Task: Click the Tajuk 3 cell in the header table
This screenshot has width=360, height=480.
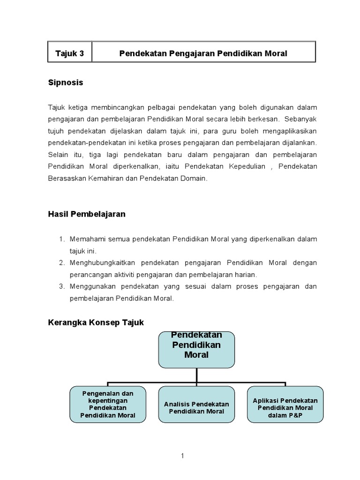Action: [x=69, y=53]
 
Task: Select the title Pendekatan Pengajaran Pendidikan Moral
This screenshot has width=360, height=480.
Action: [x=203, y=53]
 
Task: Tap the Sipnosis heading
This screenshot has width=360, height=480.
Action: [x=66, y=83]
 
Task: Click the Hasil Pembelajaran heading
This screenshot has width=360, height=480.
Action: [x=87, y=214]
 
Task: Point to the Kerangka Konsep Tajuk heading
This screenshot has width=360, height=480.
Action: [x=96, y=322]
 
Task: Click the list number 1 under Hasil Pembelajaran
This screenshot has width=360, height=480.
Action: [x=61, y=239]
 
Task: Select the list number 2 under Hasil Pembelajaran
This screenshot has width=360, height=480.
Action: [x=61, y=262]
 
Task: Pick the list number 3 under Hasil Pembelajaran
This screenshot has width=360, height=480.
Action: [x=61, y=286]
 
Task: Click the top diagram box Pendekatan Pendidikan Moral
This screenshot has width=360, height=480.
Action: [x=196, y=349]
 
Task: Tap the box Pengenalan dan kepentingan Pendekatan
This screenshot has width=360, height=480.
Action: [x=108, y=404]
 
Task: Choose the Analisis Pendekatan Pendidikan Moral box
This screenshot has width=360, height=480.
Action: [x=196, y=404]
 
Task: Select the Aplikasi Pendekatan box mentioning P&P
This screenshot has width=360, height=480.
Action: [x=285, y=404]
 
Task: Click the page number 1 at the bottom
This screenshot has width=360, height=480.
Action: [x=183, y=455]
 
